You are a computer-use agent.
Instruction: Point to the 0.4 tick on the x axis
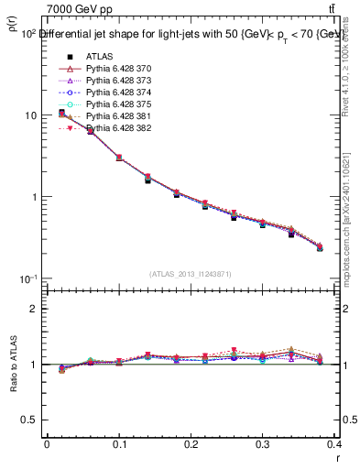click(x=335, y=444)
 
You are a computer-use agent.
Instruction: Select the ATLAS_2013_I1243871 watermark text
click(x=191, y=274)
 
